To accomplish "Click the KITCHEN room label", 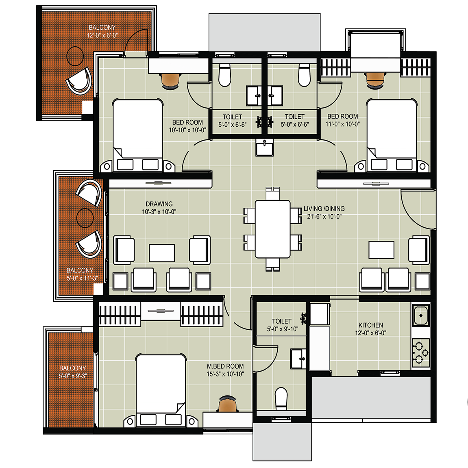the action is pos(371,325).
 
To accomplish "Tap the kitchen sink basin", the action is pos(421,315).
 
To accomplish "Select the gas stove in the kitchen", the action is pos(421,353).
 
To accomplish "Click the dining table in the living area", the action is pos(272,229).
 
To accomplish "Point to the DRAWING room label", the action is pos(159,204).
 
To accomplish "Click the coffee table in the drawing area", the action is pos(162,253).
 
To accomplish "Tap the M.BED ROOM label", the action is pos(225,366).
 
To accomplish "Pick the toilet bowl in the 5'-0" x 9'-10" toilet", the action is pos(281,399).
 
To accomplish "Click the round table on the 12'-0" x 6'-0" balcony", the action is pos(75,56).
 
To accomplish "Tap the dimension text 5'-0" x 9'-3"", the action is pos(72,376).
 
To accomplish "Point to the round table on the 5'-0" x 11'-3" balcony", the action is pos(85,218).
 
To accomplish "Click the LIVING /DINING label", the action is pos(324,209).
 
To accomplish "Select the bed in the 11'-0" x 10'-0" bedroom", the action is pos(392,135).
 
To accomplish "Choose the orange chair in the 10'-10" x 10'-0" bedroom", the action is pos(170,81).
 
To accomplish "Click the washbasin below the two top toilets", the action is pos(264,148).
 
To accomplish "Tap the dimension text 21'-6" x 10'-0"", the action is pos(324,216).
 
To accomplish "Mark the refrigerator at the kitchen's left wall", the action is pos(319,348).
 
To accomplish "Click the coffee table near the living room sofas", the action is pos(381,250).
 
